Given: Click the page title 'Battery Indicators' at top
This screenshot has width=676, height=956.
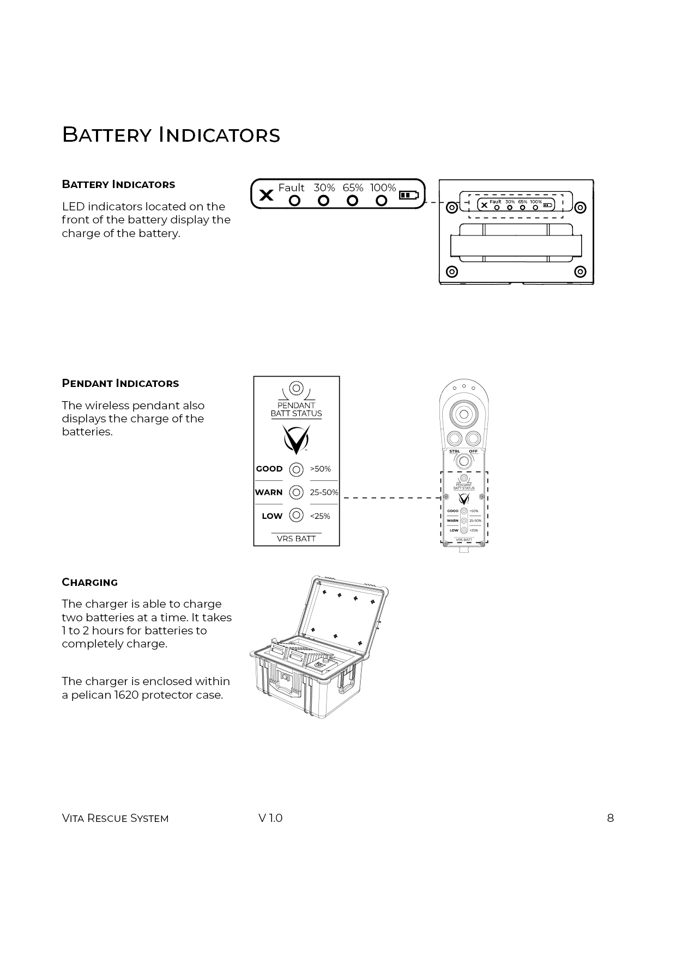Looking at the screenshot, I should point(171,135).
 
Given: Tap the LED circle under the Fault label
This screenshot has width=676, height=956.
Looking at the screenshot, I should point(294,201).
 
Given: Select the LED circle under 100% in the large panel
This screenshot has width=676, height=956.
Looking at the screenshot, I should point(382,201).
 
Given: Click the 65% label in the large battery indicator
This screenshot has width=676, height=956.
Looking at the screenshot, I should point(353,187).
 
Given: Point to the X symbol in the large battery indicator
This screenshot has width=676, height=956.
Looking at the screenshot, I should point(266,195).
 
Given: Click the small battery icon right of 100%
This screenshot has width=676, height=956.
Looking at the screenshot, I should point(409,195).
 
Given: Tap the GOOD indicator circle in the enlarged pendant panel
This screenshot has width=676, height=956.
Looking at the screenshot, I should point(296,469).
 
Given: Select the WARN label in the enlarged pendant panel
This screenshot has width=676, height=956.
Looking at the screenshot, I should point(269,492).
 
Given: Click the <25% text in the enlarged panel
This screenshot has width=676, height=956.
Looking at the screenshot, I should point(320,516).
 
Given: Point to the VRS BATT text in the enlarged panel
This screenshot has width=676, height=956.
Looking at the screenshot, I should point(296,538).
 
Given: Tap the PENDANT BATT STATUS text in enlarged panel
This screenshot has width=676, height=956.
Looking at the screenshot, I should point(296,409).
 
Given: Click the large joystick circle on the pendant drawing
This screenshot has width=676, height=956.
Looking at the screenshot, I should point(464,414).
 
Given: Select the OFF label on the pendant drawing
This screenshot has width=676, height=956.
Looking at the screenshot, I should point(473,451).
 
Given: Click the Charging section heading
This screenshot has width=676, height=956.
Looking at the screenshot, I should point(90,582).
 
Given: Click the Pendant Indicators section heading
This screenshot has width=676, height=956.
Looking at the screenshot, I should point(120,383).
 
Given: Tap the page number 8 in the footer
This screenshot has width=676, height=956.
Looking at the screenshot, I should point(610,818).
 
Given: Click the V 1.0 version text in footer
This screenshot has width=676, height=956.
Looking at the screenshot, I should point(270,818).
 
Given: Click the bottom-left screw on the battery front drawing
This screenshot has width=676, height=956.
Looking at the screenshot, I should point(451,271).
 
